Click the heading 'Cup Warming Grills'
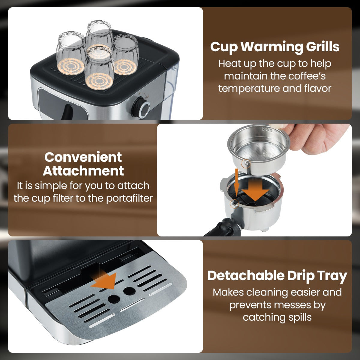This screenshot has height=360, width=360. pos(275,47)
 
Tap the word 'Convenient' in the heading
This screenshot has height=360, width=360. pos(83,157)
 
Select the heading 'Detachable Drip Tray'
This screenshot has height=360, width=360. pos(277,275)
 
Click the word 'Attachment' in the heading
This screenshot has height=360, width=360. pos(83,171)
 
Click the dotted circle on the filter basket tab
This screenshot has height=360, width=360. pos(245,163)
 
